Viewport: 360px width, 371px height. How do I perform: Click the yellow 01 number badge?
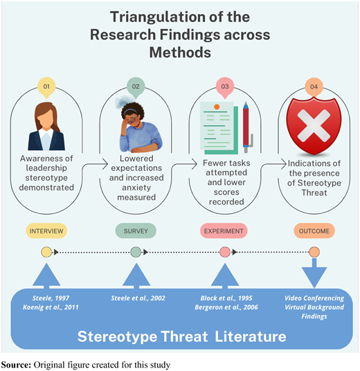[x=46, y=87]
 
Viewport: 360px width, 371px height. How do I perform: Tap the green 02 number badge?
[x=136, y=87]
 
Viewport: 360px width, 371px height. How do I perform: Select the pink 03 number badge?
[x=225, y=87]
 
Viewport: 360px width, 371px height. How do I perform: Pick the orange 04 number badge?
[x=314, y=87]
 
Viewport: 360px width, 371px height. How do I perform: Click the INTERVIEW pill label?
[x=46, y=231]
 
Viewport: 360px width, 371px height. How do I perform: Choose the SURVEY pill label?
[x=136, y=231]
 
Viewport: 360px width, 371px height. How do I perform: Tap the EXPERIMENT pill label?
[x=224, y=231]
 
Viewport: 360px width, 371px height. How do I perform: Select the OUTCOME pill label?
[x=314, y=231]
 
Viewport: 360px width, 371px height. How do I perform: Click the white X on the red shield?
[x=314, y=125]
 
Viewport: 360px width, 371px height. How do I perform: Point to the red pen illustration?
[x=247, y=127]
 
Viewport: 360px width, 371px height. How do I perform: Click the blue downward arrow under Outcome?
[x=314, y=273]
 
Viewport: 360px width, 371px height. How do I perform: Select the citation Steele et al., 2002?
[x=138, y=298]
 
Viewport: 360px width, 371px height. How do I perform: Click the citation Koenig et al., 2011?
[x=51, y=307]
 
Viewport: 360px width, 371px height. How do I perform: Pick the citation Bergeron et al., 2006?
[x=226, y=307]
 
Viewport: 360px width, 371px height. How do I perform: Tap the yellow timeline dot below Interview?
[x=46, y=252]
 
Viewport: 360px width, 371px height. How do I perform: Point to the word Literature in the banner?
[x=251, y=336]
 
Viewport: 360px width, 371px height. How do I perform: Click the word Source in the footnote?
[x=16, y=365]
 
